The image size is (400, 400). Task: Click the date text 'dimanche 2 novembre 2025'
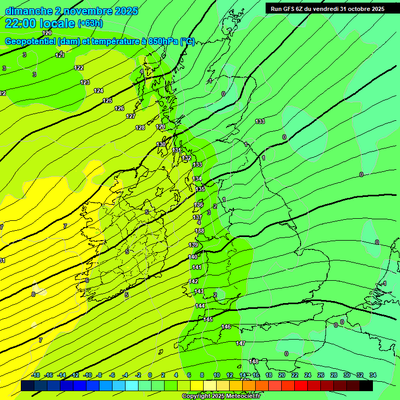pyautogui.click(x=71, y=11)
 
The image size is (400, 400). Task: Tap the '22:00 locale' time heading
pyautogui.click(x=40, y=23)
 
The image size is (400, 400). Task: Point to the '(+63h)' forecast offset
pyautogui.click(x=90, y=23)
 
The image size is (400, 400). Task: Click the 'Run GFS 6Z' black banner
pyautogui.click(x=327, y=8)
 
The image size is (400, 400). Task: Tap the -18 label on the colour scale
pyautogui.click(x=35, y=375)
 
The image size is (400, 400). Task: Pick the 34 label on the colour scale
pyautogui.click(x=373, y=375)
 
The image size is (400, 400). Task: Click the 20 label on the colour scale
pyautogui.click(x=282, y=375)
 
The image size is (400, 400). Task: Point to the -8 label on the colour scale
pyautogui.click(x=99, y=375)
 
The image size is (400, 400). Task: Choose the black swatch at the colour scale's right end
pyautogui.click(x=366, y=385)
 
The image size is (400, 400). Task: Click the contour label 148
pyautogui.click(x=254, y=361)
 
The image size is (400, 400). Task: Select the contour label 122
pyautogui.click(x=79, y=68)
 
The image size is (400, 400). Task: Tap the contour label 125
pyautogui.click(x=107, y=101)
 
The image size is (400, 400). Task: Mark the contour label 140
pyautogui.click(x=193, y=257)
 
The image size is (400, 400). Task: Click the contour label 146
pyautogui.click(x=226, y=327)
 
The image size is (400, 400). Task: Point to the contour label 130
pyautogui.click(x=161, y=144)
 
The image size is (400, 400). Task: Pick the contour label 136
pyautogui.click(x=198, y=205)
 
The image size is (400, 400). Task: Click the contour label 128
pyautogui.click(x=140, y=128)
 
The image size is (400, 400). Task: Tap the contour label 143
pyautogui.click(x=198, y=292)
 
